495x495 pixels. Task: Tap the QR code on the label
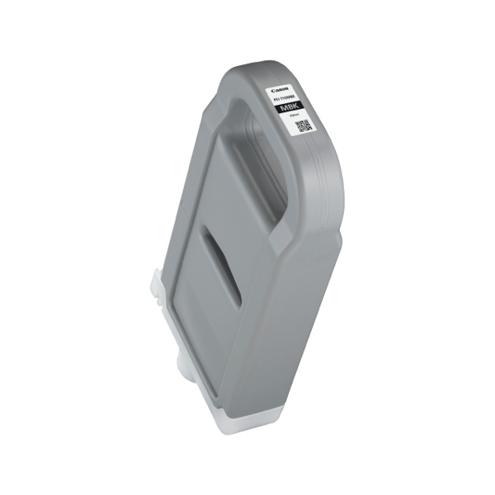[303, 126]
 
